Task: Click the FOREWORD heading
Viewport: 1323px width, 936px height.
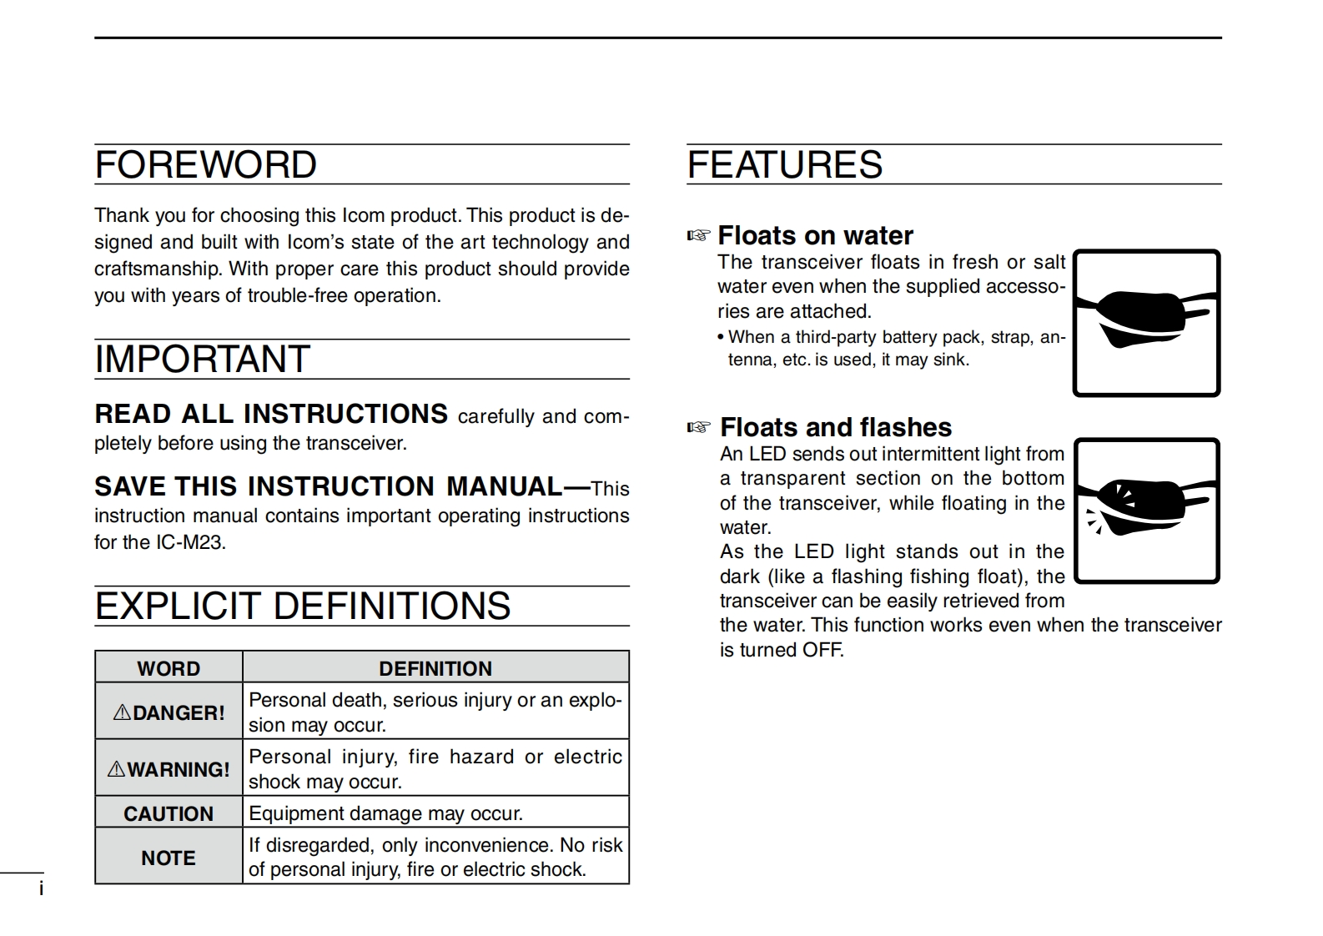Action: pos(205,164)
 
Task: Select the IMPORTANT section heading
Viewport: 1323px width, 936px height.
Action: pos(202,360)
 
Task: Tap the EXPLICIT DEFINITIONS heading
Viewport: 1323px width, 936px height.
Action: pos(302,606)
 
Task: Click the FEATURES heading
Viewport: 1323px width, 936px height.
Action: pos(784,164)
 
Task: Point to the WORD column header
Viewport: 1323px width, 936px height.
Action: pos(169,668)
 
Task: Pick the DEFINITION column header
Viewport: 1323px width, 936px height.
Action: pos(435,668)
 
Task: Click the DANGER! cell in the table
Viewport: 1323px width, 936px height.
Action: pos(169,712)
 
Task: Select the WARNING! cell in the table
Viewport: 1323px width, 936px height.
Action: pos(169,769)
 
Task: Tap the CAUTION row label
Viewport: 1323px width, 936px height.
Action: pos(169,813)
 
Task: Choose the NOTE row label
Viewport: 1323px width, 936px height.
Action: pos(169,858)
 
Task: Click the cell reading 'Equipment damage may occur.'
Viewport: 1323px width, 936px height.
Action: pos(385,813)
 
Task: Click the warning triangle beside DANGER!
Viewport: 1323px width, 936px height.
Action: pos(122,712)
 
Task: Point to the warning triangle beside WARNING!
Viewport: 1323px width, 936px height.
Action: pos(116,769)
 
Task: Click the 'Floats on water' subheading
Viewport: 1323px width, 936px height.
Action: pos(815,235)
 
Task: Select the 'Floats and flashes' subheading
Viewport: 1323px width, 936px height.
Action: pos(835,427)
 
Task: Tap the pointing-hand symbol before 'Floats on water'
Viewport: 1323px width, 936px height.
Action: pos(698,235)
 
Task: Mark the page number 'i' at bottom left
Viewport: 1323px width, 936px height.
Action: pos(41,889)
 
